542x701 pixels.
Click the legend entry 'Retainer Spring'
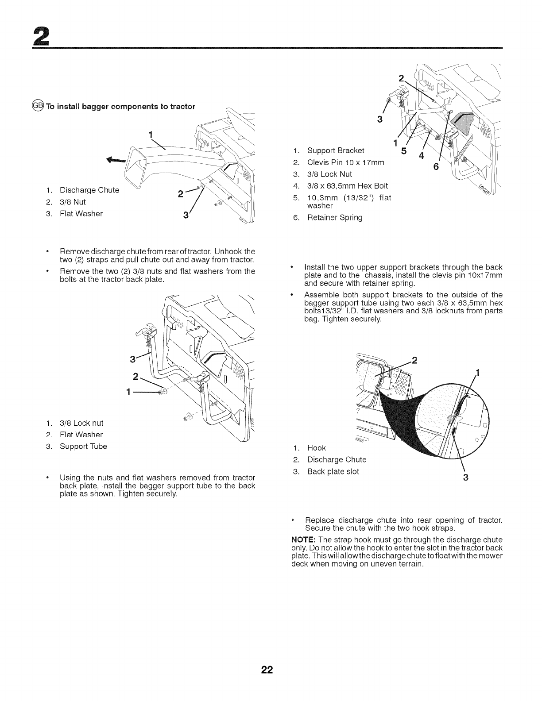click(334, 217)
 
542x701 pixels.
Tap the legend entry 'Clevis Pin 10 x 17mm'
click(345, 162)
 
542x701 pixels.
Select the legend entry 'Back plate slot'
click(333, 471)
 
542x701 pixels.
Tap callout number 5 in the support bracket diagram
click(403, 152)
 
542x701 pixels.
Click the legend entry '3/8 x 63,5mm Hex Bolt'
click(348, 185)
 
